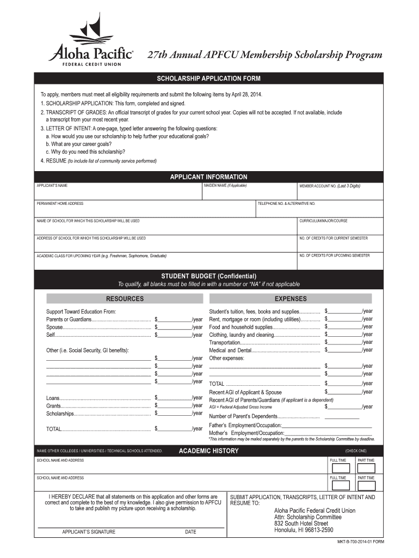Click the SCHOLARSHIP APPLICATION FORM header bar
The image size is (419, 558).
209,78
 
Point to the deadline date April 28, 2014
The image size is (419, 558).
245,95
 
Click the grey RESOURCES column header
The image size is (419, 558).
125,299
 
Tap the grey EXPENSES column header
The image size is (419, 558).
291,299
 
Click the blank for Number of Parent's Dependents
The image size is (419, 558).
342,417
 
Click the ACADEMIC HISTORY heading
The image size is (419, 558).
208,451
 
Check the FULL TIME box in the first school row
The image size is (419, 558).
341,468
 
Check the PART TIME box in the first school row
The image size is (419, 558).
366,468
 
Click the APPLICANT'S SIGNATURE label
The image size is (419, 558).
89,532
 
